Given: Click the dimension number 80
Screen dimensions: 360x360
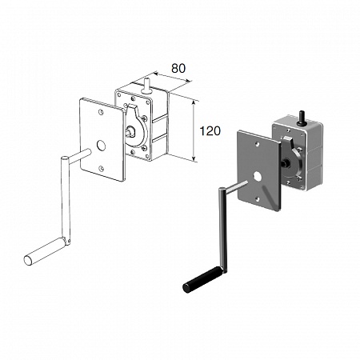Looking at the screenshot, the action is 178,68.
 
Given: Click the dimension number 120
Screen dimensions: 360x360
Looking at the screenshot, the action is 210,131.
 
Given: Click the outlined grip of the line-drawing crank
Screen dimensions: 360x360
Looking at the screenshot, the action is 44,251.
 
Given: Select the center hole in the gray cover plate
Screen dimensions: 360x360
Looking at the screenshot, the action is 258,176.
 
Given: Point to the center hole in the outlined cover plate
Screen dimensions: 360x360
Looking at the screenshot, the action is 101,146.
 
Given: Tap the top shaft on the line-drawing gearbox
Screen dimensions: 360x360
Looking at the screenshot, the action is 146,86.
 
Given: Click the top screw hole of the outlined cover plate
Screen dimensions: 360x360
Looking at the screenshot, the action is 101,112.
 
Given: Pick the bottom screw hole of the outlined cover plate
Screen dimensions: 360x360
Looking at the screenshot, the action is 101,168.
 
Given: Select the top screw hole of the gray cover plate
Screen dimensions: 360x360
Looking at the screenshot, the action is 257,144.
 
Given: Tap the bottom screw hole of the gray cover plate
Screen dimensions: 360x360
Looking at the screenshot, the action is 258,198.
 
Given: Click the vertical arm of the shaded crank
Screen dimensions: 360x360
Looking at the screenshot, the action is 223,230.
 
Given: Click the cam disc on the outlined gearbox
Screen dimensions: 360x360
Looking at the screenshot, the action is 136,126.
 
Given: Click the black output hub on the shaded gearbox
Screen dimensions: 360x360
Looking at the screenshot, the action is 285,162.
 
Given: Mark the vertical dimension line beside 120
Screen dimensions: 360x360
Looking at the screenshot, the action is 194,131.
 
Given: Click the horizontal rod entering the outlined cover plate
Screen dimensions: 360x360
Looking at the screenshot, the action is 80,156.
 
